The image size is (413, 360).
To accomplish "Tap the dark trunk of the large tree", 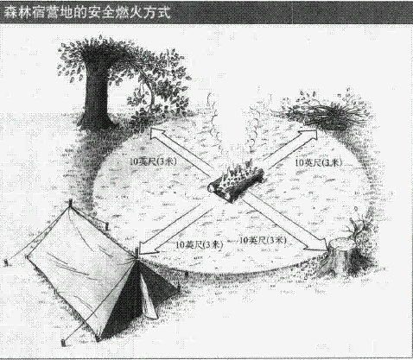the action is [x=97, y=95].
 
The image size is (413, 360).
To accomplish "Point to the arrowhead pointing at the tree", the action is [x=158, y=134].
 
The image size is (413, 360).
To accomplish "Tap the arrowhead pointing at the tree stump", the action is [x=319, y=245].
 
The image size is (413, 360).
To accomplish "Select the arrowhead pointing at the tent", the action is [x=147, y=248].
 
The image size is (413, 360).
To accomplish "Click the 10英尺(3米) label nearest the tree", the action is [x=153, y=161].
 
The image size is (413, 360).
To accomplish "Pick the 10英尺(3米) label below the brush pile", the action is [x=319, y=162].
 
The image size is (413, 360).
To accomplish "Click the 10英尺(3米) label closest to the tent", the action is [x=200, y=244].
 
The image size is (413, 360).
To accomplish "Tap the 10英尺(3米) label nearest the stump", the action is [x=263, y=240].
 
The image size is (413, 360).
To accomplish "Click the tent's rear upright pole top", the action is [x=71, y=202].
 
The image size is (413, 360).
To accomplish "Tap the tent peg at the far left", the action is [x=6, y=262].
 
